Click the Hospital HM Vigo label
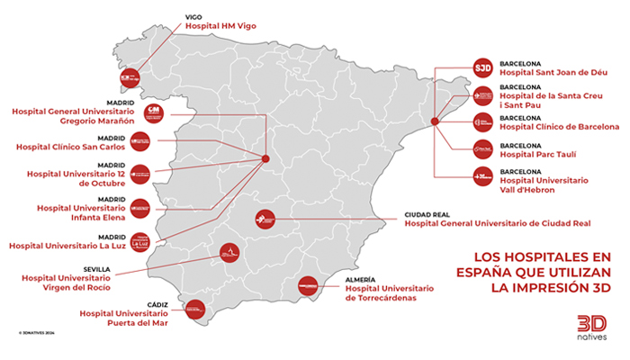(x=220, y=26)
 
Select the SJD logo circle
(x=482, y=67)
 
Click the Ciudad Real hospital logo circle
(x=265, y=219)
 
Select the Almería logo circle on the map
(x=310, y=286)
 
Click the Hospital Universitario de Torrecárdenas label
(x=389, y=292)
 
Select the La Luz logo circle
(x=140, y=240)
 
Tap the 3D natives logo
(x=591, y=327)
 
